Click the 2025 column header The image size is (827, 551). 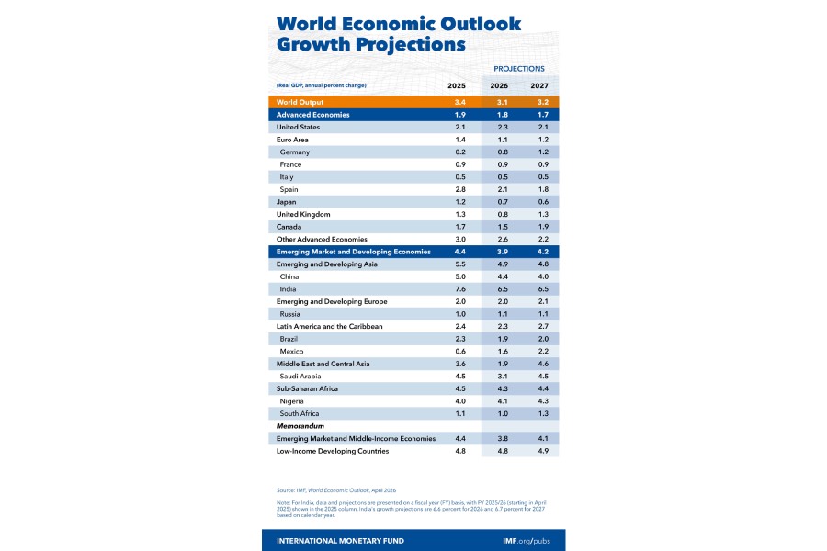(x=457, y=85)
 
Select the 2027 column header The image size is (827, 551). (x=539, y=85)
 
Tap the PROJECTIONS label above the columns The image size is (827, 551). (x=519, y=69)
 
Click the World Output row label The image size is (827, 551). (x=300, y=102)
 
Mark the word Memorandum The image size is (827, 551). (x=302, y=426)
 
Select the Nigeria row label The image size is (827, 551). (x=294, y=401)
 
